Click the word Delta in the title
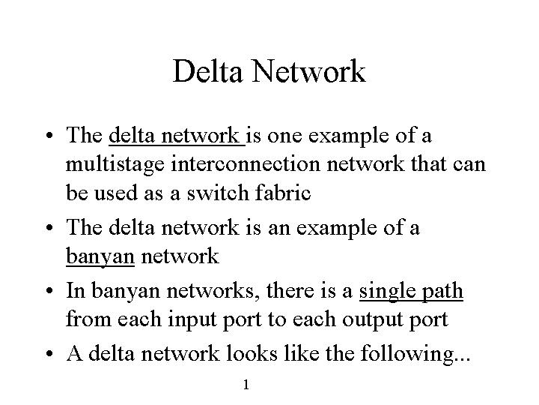[207, 71]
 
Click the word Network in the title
[308, 71]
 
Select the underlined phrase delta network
[177, 135]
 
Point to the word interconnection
[246, 163]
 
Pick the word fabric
[283, 192]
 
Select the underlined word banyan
[100, 257]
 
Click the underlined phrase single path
[411, 291]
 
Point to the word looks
[252, 353]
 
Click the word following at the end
[412, 354]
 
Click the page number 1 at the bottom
[246, 385]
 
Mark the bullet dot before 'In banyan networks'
[49, 291]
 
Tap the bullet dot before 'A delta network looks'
[49, 354]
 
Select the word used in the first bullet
[115, 193]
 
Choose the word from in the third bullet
[88, 319]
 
